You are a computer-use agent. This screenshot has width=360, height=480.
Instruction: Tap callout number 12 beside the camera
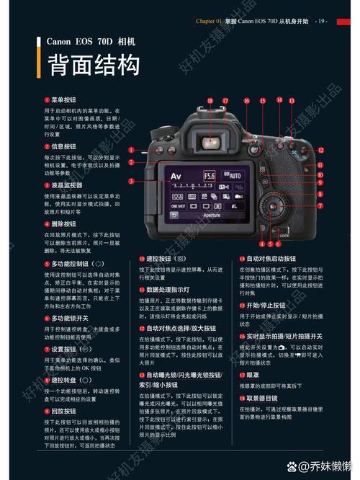320,151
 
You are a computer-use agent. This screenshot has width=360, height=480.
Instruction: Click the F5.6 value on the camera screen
210,175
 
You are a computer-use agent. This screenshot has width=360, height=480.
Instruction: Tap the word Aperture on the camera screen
211,215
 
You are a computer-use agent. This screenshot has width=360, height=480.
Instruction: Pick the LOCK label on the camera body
284,236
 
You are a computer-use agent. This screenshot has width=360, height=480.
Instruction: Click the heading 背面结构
93,66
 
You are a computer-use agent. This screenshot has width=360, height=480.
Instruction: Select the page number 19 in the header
321,21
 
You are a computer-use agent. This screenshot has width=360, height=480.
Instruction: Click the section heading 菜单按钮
63,99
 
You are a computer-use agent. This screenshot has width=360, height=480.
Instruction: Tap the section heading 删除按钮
63,224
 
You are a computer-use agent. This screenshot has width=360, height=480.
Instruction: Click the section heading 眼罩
253,375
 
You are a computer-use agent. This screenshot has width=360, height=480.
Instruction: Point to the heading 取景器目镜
262,397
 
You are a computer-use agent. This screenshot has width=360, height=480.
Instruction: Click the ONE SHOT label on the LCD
178,205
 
